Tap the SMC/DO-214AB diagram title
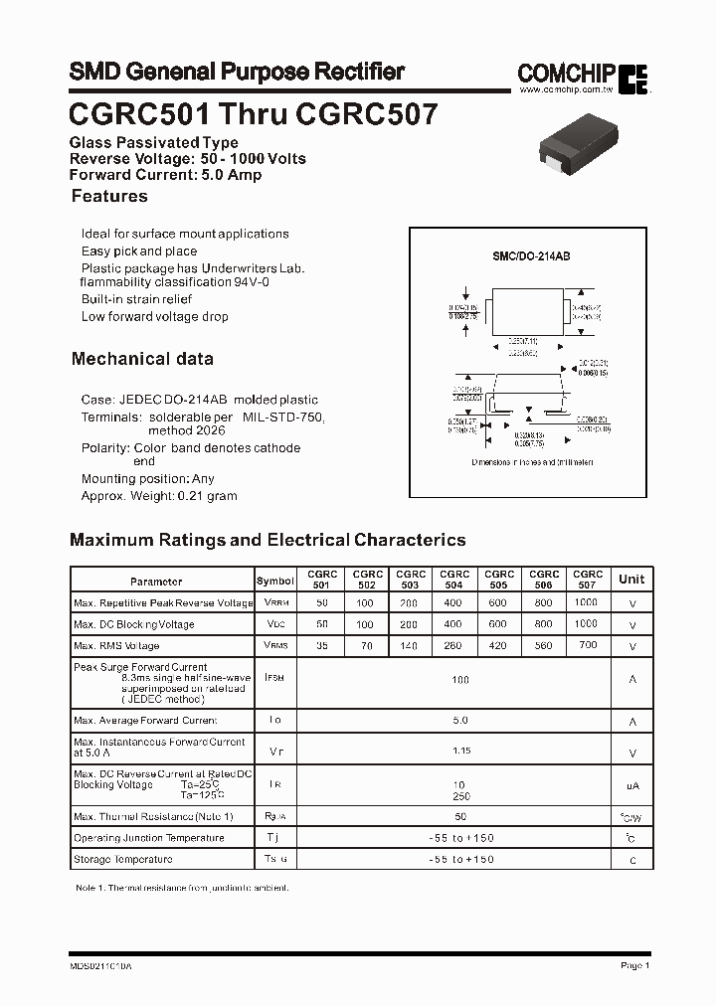531,256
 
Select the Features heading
109,197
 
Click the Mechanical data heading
142,359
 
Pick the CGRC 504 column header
454,580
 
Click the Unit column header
631,580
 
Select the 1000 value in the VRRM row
587,602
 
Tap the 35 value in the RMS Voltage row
321,646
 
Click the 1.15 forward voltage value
460,752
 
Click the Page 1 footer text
634,965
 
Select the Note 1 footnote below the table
182,887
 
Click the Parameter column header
156,582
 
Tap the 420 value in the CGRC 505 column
497,646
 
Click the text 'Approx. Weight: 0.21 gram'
159,496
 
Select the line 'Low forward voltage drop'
155,317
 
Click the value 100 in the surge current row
460,680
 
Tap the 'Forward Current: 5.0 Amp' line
165,175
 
